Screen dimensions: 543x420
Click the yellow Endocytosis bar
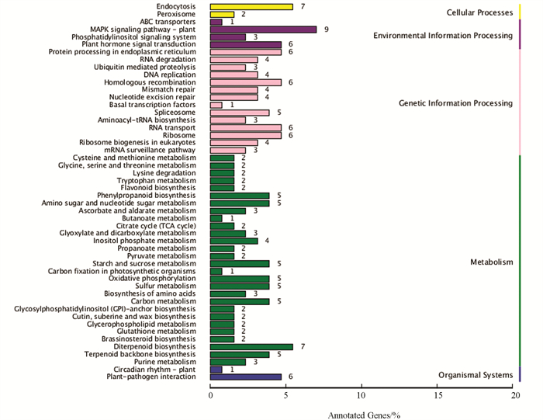pyautogui.click(x=251, y=6)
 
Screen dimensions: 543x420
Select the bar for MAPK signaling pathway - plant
pyautogui.click(x=263, y=30)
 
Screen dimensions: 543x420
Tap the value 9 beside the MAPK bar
pyautogui.click(x=327, y=30)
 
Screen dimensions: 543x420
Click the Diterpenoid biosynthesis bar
pyautogui.click(x=251, y=347)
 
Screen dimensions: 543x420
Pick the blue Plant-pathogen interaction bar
pyautogui.click(x=246, y=377)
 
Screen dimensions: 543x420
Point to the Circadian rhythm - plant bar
pyautogui.click(x=216, y=370)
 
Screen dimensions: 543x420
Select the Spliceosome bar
pyautogui.click(x=240, y=113)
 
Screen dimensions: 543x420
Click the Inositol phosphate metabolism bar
pyautogui.click(x=234, y=241)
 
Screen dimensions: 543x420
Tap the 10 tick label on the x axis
pyautogui.click(x=361, y=395)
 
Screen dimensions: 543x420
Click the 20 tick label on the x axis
pyautogui.click(x=516, y=395)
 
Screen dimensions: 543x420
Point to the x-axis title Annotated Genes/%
pyautogui.click(x=364, y=415)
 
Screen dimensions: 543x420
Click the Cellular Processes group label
pyautogui.click(x=479, y=13)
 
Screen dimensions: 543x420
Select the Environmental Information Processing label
pyautogui.click(x=443, y=36)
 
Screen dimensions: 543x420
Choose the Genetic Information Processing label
pyautogui.click(x=456, y=103)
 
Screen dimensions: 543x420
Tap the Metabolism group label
pyautogui.click(x=491, y=262)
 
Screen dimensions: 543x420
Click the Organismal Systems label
pyautogui.click(x=476, y=375)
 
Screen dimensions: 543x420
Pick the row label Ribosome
pyautogui.click(x=179, y=135)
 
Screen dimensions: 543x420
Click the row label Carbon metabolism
pyautogui.click(x=163, y=301)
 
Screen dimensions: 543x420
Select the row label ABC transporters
pyautogui.click(x=168, y=22)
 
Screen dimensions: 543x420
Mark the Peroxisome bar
pyautogui.click(x=222, y=15)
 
